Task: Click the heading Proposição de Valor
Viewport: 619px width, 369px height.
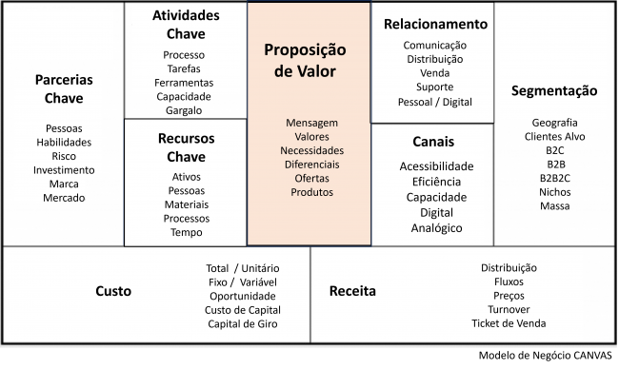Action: tap(306, 60)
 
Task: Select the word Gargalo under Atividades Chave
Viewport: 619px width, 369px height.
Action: tap(184, 110)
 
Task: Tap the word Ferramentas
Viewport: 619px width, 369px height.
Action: tap(184, 83)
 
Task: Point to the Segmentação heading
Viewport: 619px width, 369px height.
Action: tap(554, 91)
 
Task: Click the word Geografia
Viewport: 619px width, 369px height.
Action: tap(554, 123)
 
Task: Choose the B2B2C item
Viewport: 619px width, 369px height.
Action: tap(554, 177)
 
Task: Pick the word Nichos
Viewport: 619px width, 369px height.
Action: tap(554, 191)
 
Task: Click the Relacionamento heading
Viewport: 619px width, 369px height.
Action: tap(435, 24)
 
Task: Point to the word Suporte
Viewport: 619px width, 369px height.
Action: tap(434, 87)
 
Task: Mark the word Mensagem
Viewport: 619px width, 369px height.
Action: tap(311, 123)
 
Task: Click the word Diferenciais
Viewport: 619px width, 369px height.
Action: tap(311, 164)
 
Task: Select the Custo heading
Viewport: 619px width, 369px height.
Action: tap(113, 291)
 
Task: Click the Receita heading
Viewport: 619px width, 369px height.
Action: tap(352, 291)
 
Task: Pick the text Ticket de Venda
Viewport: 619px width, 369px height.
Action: tap(509, 324)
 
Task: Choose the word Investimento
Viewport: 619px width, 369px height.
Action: tap(64, 170)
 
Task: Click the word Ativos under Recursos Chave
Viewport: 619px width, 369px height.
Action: tap(187, 177)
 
